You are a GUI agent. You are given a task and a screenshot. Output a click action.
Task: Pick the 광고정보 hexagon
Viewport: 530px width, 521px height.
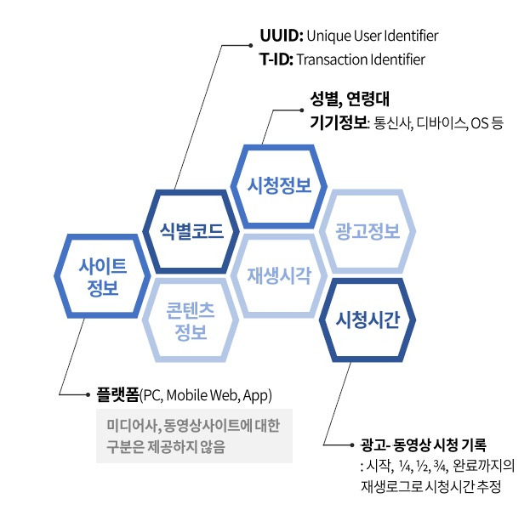coord(367,230)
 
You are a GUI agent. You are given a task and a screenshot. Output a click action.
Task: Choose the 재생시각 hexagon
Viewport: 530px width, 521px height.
coord(278,275)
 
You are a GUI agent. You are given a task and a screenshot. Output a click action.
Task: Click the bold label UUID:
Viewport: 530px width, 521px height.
coord(281,37)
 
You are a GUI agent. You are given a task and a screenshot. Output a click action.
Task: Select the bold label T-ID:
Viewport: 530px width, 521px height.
coord(276,59)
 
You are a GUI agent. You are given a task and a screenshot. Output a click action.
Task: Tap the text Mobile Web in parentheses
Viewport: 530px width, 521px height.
coord(201,396)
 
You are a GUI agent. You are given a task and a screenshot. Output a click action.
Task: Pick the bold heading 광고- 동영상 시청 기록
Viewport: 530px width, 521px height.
coord(422,445)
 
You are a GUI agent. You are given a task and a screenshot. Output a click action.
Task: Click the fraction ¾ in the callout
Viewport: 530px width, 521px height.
coord(440,467)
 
